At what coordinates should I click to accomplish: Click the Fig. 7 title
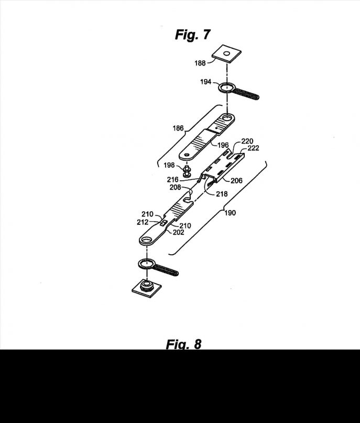pos(192,35)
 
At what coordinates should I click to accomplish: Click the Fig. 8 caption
pos(183,344)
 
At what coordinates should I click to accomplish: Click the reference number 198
pos(168,165)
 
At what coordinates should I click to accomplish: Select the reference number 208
pos(176,187)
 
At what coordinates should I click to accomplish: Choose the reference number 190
pos(230,213)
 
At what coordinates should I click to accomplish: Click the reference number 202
pos(179,232)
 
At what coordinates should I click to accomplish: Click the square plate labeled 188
pos(226,53)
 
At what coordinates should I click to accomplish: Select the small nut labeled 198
pos(187,171)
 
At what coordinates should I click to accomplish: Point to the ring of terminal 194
pos(226,87)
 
